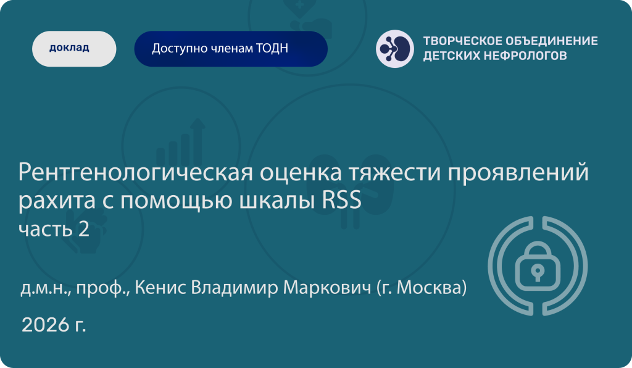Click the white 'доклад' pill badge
74,49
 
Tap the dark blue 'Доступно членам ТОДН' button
231,49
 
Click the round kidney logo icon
395,49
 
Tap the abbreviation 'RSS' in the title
341,201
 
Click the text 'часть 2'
54,229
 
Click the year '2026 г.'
54,324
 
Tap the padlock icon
538,266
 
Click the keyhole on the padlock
538,272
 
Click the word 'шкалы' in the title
277,201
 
